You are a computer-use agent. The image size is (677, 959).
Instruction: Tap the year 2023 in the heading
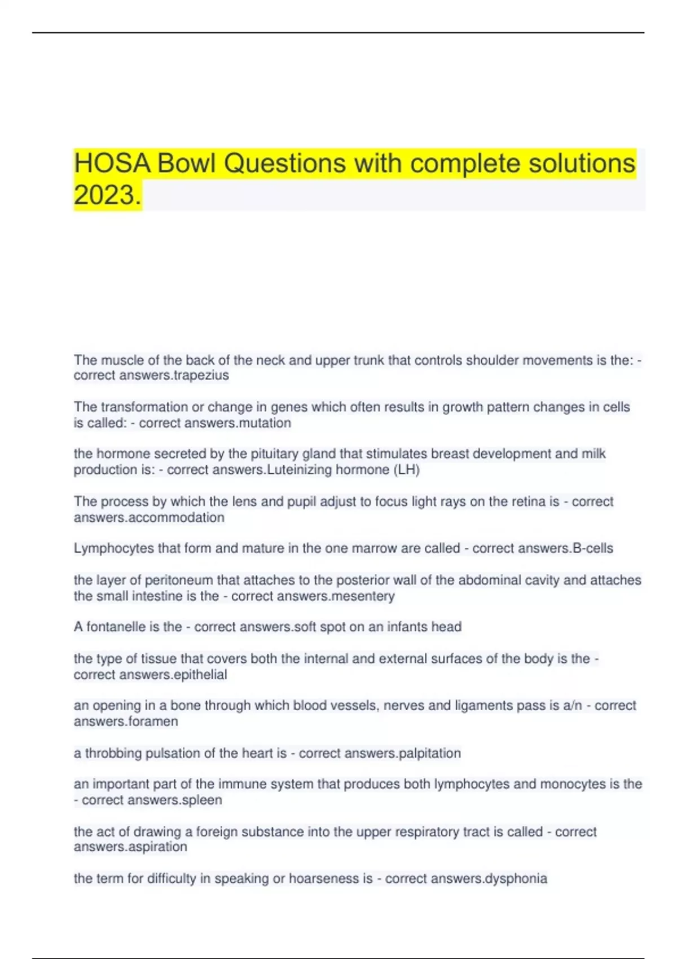[107, 196]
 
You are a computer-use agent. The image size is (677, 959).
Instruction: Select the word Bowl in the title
[186, 164]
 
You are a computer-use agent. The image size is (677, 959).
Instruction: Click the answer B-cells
[592, 548]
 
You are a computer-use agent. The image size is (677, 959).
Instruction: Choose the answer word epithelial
[200, 675]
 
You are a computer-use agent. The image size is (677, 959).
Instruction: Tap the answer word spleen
[201, 800]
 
